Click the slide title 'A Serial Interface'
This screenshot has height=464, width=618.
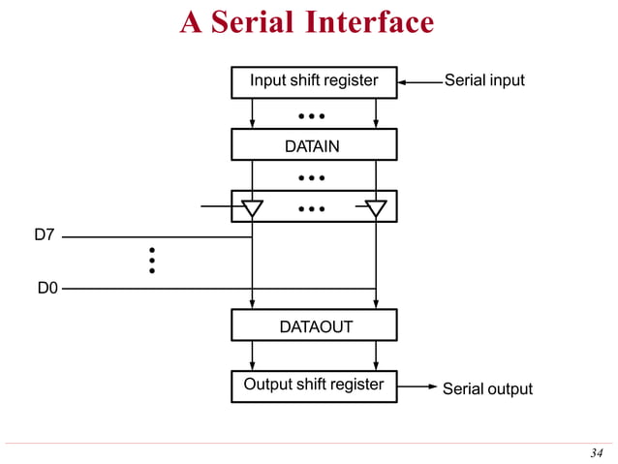[307, 22]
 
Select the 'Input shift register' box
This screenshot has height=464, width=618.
[314, 81]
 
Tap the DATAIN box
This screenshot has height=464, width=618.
[314, 145]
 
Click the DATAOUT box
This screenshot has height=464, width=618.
[314, 326]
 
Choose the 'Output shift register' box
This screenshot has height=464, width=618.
[314, 386]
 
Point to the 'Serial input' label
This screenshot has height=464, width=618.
[484, 80]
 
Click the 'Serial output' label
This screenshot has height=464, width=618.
[487, 388]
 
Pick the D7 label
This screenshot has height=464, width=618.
[45, 235]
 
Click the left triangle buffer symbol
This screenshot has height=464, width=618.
[253, 207]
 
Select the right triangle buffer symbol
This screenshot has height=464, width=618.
[376, 207]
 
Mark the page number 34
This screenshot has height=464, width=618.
[596, 452]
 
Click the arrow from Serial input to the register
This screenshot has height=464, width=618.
[418, 82]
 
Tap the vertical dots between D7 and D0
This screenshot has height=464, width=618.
[152, 261]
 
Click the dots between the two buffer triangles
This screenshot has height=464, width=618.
[312, 208]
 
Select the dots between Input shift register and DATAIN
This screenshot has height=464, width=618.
[312, 116]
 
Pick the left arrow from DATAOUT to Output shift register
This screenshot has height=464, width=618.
[253, 356]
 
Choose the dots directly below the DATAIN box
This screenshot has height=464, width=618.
[312, 178]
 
